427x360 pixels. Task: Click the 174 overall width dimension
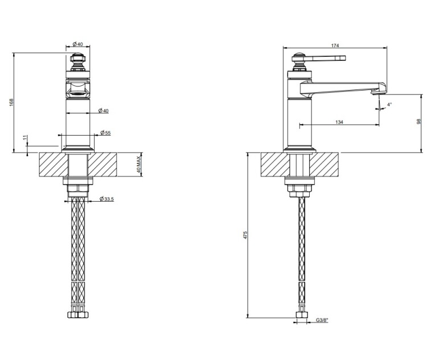(335, 46)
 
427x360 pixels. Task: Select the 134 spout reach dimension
(339, 122)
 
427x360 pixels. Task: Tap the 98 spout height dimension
(419, 121)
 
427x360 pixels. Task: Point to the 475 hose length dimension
(245, 235)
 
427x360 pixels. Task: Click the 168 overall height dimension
(11, 102)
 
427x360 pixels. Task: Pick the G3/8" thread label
(322, 320)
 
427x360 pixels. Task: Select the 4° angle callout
(389, 104)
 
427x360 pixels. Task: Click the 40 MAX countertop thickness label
(139, 164)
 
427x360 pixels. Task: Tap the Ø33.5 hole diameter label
(106, 199)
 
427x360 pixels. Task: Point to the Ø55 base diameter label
(105, 133)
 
